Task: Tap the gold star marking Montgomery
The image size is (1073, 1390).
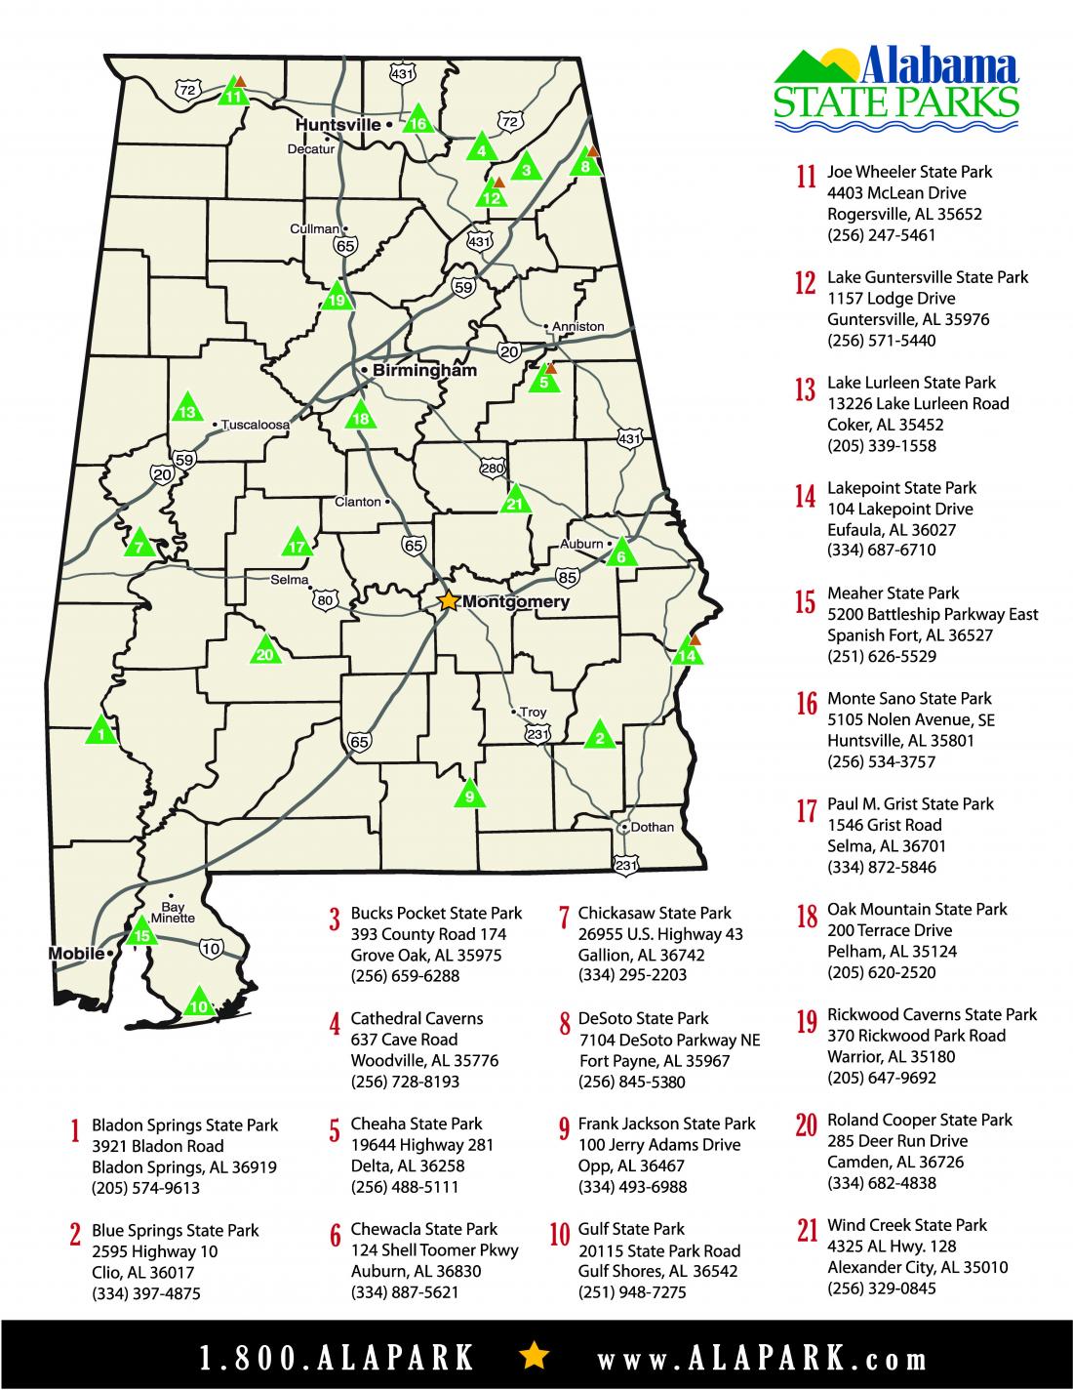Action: [448, 601]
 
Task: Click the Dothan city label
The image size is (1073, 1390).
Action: [653, 827]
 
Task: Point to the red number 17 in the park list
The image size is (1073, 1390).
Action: [806, 812]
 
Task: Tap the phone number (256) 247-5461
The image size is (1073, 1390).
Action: [881, 235]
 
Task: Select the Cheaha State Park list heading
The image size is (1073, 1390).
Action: [417, 1124]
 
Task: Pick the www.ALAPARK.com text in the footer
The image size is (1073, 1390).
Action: [762, 1358]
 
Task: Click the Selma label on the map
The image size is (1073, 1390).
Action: [289, 580]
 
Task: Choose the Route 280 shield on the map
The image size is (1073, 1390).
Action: [493, 470]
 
